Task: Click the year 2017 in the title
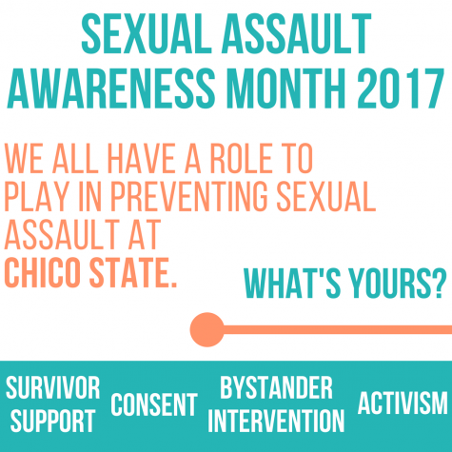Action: [x=401, y=88]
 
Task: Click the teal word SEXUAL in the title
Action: [x=147, y=34]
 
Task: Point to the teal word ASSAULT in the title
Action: [x=297, y=34]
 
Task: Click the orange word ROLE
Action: [x=243, y=158]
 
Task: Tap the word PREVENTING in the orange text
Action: [x=189, y=196]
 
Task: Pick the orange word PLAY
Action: [x=36, y=196]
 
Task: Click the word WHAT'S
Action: [x=292, y=283]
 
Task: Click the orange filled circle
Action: [x=207, y=329]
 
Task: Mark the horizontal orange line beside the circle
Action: [x=338, y=329]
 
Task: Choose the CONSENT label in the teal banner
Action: [x=154, y=404]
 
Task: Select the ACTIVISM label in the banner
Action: [x=403, y=403]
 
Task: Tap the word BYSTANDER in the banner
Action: [x=276, y=387]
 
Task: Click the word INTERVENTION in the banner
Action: [x=276, y=421]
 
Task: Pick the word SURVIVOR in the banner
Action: [x=53, y=387]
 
